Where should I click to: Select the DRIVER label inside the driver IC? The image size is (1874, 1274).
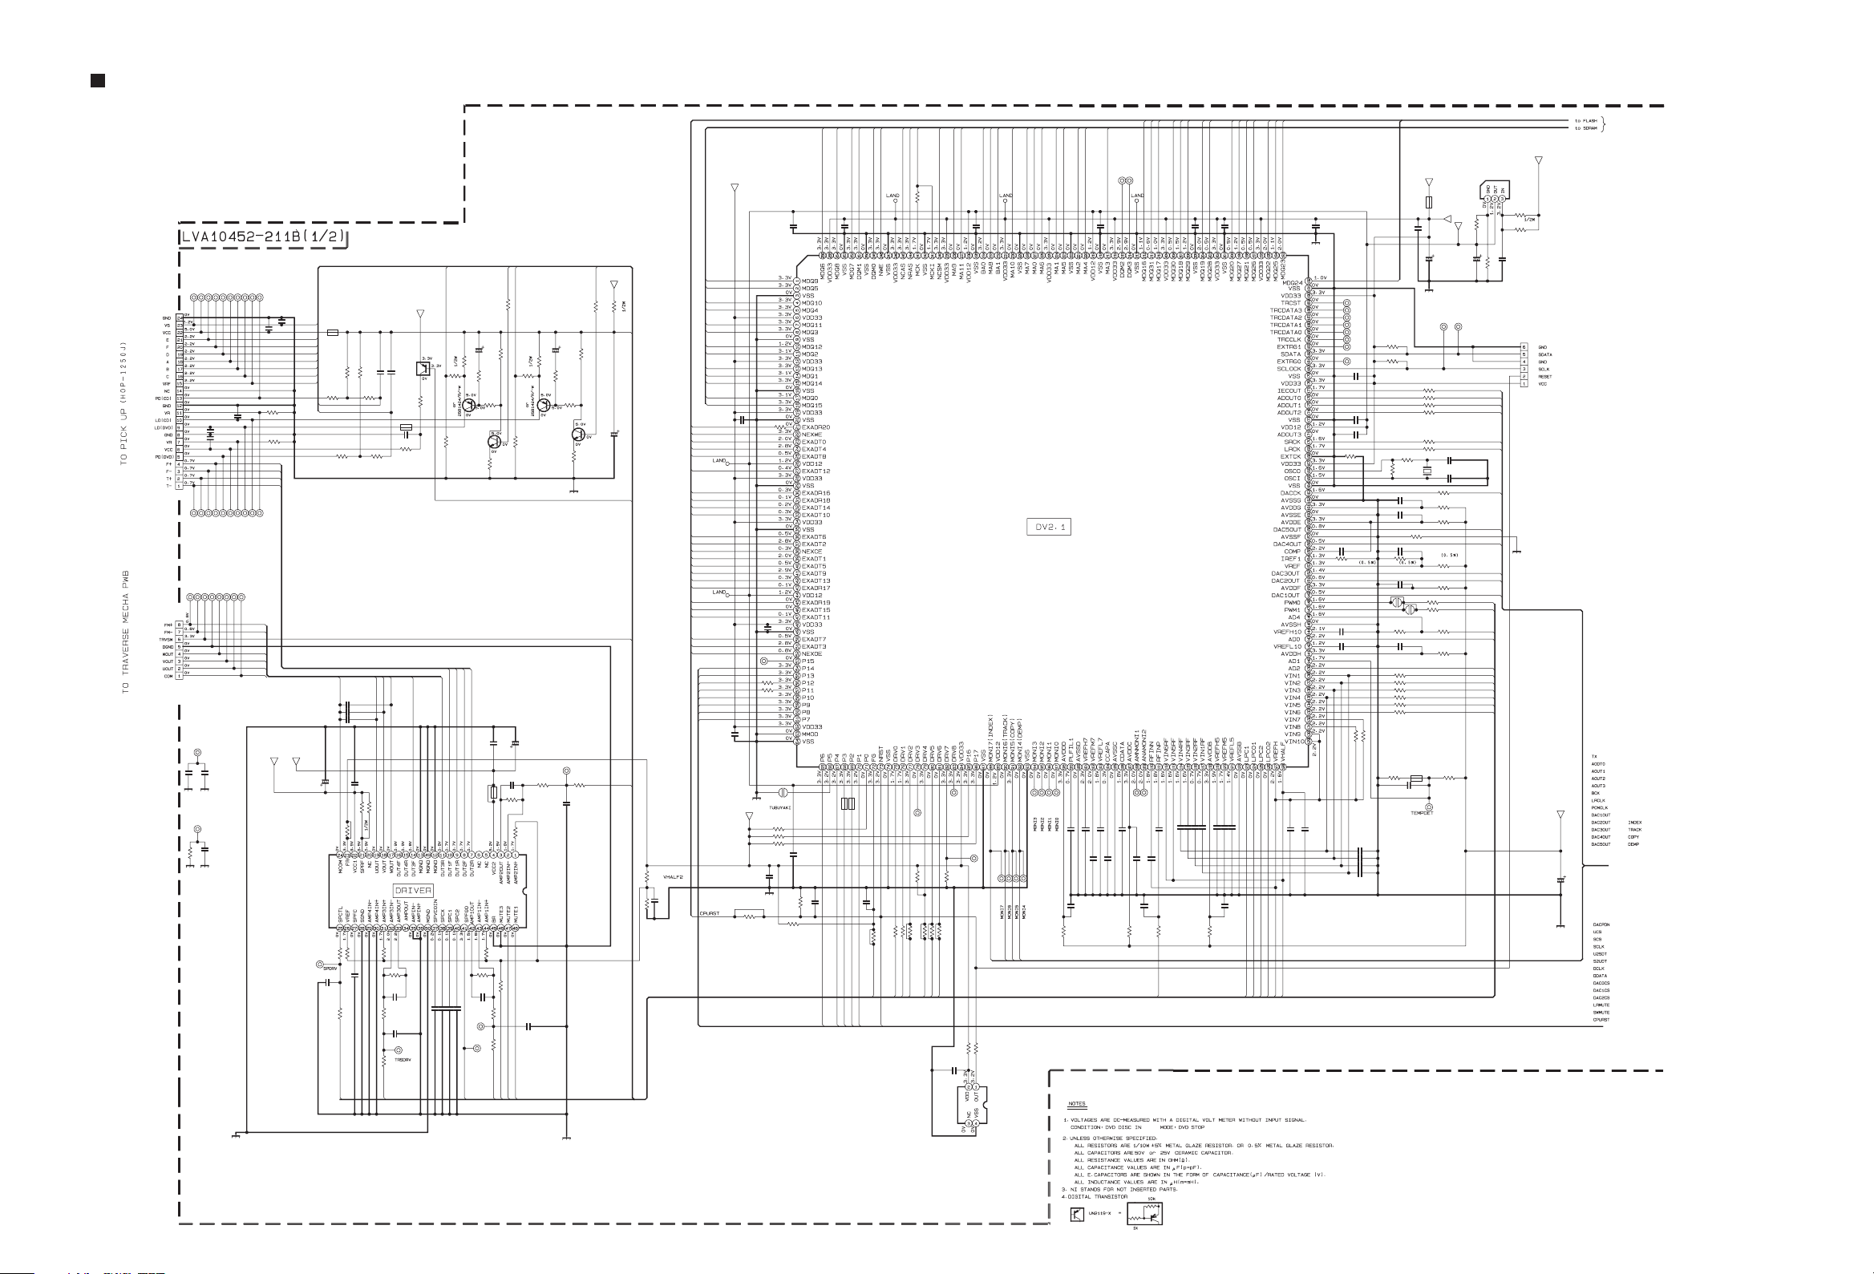coord(413,890)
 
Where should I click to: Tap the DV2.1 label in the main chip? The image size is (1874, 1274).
coord(1050,527)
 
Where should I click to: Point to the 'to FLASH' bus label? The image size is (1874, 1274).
coord(1585,121)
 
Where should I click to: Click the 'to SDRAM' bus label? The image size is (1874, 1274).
coord(1585,128)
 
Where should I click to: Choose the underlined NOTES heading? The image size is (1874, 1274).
coord(1076,1104)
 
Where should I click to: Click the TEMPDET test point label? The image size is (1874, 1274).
coord(1422,813)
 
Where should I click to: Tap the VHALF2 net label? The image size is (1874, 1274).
coord(673,876)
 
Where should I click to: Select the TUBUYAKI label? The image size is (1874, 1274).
coord(779,807)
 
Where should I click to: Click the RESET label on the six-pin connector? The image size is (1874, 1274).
coord(1545,377)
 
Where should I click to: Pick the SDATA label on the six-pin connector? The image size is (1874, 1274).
coord(1545,355)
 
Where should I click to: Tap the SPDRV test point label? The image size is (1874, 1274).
coord(330,969)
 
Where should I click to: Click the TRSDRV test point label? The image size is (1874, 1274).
coord(403,1059)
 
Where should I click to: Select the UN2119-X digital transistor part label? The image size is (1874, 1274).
coord(1099,1214)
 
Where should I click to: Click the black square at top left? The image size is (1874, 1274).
coord(98,80)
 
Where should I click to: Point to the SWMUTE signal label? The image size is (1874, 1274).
coord(1601,1013)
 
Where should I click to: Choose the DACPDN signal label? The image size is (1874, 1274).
coord(1601,925)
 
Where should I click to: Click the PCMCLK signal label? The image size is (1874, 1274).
coord(1600,808)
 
